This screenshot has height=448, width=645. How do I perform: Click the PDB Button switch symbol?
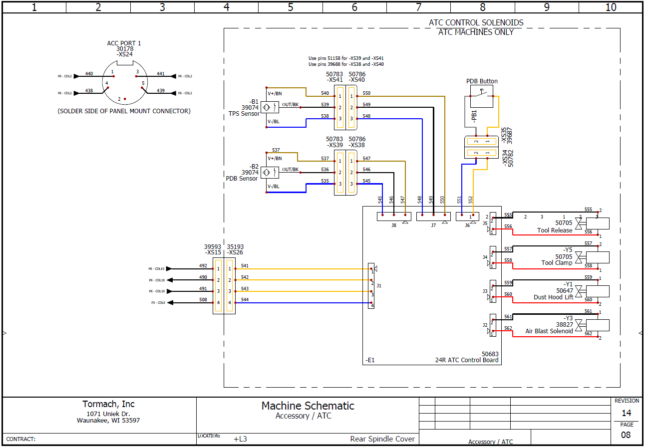pyautogui.click(x=481, y=96)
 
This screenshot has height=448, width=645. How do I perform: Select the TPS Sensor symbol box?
pyautogui.click(x=270, y=107)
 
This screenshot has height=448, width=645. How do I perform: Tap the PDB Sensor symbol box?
pyautogui.click(x=270, y=172)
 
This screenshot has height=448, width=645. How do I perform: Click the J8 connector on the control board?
pyautogui.click(x=393, y=217)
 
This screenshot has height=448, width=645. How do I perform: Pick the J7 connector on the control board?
pyautogui.click(x=433, y=217)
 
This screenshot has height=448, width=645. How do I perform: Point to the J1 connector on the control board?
pyautogui.click(x=371, y=285)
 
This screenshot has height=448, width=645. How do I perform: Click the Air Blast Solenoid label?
pyautogui.click(x=549, y=331)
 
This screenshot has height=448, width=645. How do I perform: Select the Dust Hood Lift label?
pyautogui.click(x=553, y=297)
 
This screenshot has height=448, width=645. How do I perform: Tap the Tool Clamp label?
pyautogui.click(x=557, y=263)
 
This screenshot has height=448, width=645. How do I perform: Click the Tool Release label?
pyautogui.click(x=555, y=230)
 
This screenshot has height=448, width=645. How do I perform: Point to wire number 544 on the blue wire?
pyautogui.click(x=245, y=299)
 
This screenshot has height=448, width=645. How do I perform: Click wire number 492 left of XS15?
pyautogui.click(x=203, y=266)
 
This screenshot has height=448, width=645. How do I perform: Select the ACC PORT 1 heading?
pyautogui.click(x=124, y=43)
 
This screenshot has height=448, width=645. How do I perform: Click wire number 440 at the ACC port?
pyautogui.click(x=89, y=74)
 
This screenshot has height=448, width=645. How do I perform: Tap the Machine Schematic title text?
pyautogui.click(x=308, y=406)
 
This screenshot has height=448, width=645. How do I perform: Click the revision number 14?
pyautogui.click(x=626, y=413)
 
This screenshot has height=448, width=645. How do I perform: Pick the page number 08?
pyautogui.click(x=626, y=435)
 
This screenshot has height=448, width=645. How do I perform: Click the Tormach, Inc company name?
pyautogui.click(x=108, y=404)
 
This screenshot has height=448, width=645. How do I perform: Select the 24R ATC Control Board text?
pyautogui.click(x=466, y=360)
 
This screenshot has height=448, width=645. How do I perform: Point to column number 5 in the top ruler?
pyautogui.click(x=291, y=7)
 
